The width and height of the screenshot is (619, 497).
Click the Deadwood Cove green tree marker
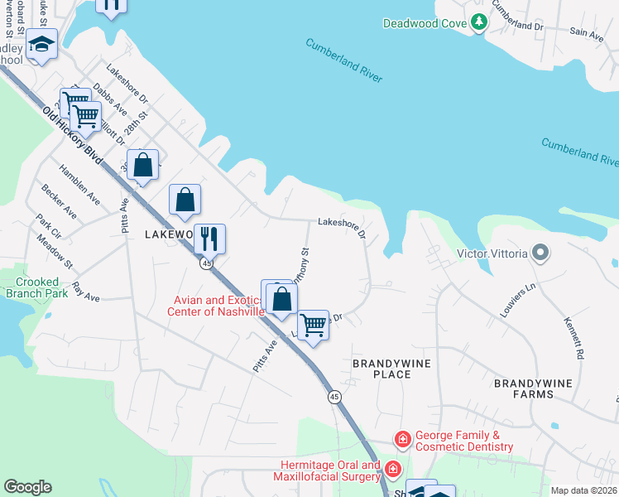478,23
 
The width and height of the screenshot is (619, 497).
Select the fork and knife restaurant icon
209,239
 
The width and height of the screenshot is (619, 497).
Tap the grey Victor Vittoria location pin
540,253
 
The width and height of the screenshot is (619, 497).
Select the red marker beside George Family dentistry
402,438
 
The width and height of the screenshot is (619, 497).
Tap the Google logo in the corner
27,487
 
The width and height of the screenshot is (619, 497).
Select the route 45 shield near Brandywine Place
334,398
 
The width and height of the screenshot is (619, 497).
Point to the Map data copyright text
584,490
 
